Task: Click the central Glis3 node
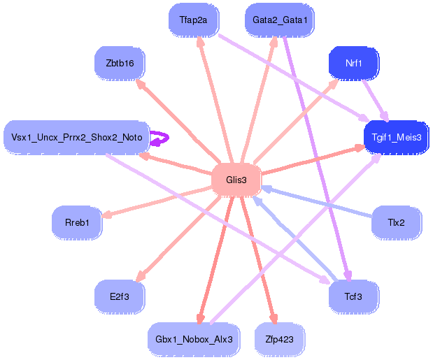tap(236, 180)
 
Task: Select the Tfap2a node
tap(194, 20)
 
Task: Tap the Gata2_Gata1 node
tap(280, 20)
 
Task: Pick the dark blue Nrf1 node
tap(353, 63)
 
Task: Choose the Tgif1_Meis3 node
tap(396, 137)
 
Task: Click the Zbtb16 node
tap(120, 63)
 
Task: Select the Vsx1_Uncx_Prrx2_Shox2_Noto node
tap(76, 137)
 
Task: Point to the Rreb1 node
tap(77, 222)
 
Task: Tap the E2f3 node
tap(120, 296)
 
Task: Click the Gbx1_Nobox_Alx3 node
tap(194, 339)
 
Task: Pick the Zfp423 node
tap(280, 339)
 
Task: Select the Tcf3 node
tap(353, 296)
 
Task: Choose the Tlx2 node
tap(396, 222)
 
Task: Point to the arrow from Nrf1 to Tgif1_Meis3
tap(376, 101)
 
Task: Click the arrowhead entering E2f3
tap(141, 276)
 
